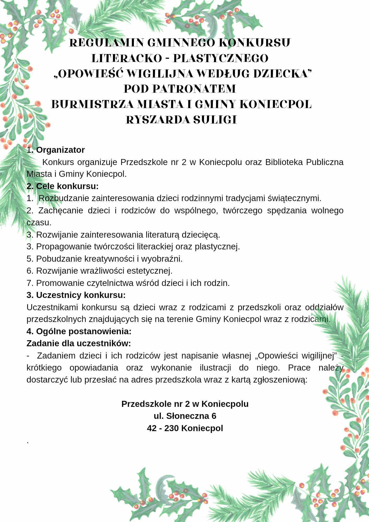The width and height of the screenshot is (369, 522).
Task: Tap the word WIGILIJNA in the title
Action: [160, 74]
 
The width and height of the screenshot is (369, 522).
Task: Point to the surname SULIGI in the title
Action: [215, 120]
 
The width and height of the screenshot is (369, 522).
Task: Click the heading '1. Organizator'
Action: [56, 150]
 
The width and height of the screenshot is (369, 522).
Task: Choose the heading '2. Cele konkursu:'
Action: [63, 186]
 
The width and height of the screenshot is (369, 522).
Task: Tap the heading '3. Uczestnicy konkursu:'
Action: [76, 295]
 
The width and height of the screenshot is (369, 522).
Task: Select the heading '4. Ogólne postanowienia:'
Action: [79, 331]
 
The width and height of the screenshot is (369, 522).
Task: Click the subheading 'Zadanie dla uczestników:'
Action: [79, 343]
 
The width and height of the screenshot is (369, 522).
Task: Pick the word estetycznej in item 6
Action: [150, 271]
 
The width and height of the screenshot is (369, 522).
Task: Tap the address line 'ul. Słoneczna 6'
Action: [185, 416]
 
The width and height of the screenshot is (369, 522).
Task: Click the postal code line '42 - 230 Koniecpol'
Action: [185, 428]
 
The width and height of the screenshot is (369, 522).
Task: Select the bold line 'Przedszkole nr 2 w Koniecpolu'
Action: [185, 404]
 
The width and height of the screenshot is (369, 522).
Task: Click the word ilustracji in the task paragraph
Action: [215, 368]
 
